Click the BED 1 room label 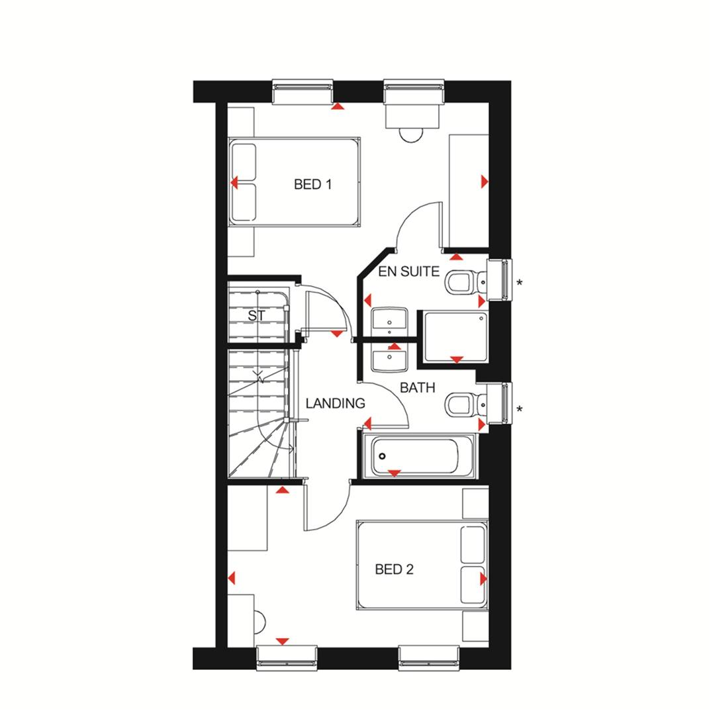[312, 185]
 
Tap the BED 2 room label [394, 569]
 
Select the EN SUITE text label [408, 271]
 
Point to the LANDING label [335, 403]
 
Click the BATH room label [418, 388]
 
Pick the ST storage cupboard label [256, 316]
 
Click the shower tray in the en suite [455, 337]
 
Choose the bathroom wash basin [389, 361]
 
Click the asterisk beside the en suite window [520, 284]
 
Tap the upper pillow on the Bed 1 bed [244, 162]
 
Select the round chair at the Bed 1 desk [411, 134]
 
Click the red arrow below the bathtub [395, 473]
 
